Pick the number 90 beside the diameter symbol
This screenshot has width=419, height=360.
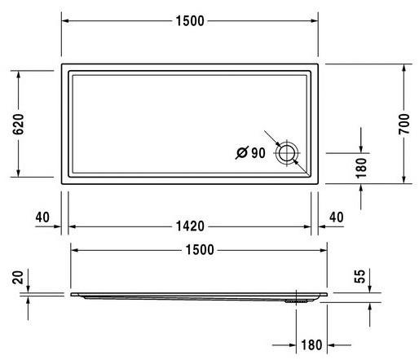point(258,153)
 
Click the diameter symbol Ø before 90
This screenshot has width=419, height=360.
point(241,153)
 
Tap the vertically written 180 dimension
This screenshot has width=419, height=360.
point(364,167)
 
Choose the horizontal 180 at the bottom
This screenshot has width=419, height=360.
point(312,344)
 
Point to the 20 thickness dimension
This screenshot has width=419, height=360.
point(19,278)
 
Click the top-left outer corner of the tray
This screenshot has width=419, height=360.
point(62,64)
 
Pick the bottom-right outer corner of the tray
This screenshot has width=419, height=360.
point(319,183)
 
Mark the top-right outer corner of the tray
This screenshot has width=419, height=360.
point(319,64)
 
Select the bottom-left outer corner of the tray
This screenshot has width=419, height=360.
point(62,183)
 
